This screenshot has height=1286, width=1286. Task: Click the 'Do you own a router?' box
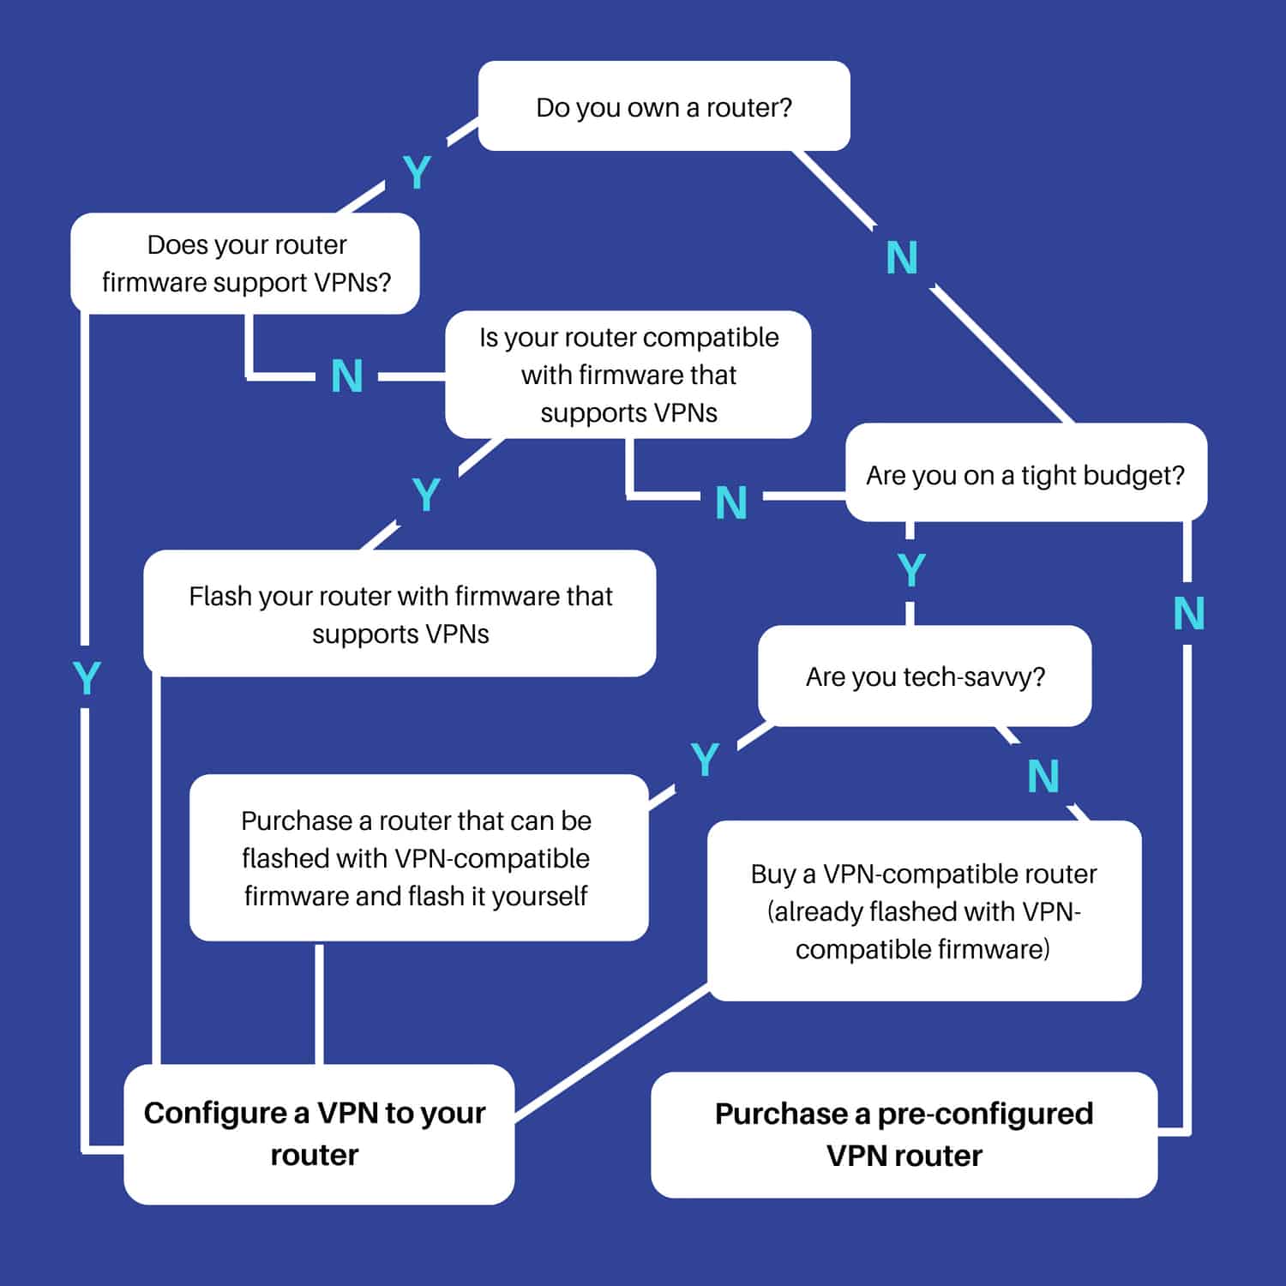(x=664, y=105)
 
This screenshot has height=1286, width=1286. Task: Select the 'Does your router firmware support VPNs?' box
(x=245, y=263)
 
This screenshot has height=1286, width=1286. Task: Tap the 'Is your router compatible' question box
(x=628, y=375)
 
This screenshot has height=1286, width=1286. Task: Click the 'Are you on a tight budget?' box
(x=1026, y=472)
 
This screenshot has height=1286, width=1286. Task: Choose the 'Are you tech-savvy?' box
(x=925, y=676)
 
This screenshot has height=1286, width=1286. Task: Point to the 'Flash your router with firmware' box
(x=400, y=614)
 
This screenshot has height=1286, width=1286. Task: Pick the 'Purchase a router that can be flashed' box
(x=418, y=857)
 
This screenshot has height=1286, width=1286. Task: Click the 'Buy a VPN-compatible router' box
(x=924, y=910)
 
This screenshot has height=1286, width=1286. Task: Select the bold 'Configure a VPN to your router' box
(x=319, y=1134)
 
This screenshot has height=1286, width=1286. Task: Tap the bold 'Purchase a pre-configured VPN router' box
(x=904, y=1134)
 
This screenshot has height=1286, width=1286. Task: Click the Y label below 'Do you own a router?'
(x=417, y=173)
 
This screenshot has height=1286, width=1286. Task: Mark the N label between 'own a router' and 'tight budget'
(x=902, y=257)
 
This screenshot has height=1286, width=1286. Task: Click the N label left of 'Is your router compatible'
(x=347, y=376)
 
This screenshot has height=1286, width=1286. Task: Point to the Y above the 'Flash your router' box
(x=426, y=495)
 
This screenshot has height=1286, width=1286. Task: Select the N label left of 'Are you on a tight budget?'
(x=731, y=502)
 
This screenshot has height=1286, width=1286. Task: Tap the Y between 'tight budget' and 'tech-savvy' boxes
(x=911, y=570)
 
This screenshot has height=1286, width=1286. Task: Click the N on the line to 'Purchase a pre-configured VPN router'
(x=1189, y=614)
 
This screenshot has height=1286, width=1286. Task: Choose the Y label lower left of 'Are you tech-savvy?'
(x=705, y=760)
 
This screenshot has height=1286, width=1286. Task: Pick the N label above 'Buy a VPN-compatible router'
(x=1043, y=777)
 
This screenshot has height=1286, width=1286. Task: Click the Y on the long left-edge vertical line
(x=87, y=679)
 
